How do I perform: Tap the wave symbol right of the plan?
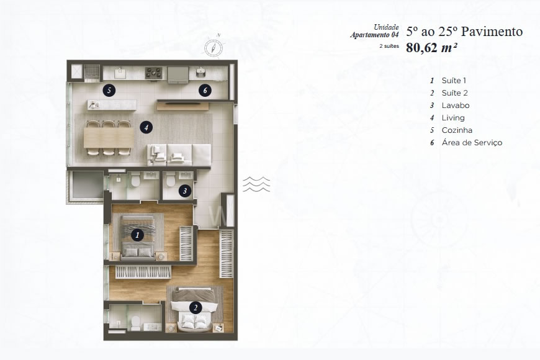256,185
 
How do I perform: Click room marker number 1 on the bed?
137,235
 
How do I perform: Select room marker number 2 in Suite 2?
195,307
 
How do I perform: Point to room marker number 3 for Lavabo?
184,191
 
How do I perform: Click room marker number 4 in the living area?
145,127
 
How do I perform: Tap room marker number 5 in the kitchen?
109,90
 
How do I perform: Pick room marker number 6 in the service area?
205,91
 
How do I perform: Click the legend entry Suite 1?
453,81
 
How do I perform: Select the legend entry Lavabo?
453,106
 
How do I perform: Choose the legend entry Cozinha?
457,130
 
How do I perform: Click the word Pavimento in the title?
488,31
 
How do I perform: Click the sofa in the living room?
180,153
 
